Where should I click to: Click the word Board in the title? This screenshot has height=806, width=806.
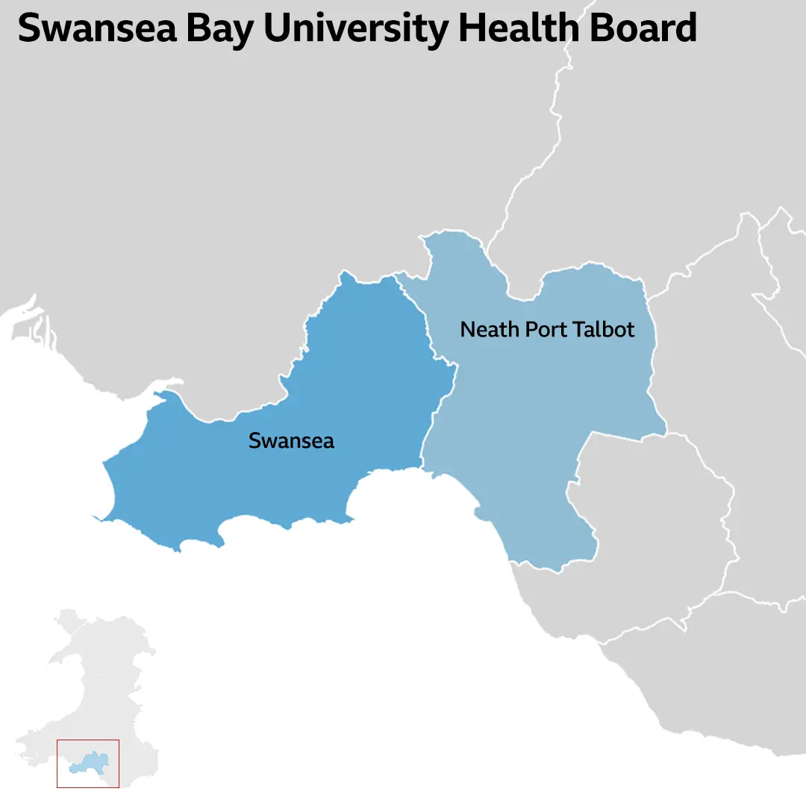646,28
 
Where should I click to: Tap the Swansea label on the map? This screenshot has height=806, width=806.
291,441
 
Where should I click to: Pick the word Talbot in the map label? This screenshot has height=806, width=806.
607,329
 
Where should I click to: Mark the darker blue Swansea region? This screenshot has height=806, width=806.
313,388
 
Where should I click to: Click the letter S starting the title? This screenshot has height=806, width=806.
30,28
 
